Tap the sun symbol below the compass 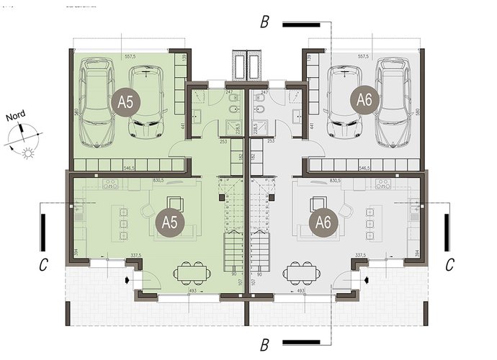[28, 152]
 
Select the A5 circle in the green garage [127, 102]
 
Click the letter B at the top [264, 23]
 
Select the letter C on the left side [44, 265]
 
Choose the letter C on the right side [449, 265]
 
